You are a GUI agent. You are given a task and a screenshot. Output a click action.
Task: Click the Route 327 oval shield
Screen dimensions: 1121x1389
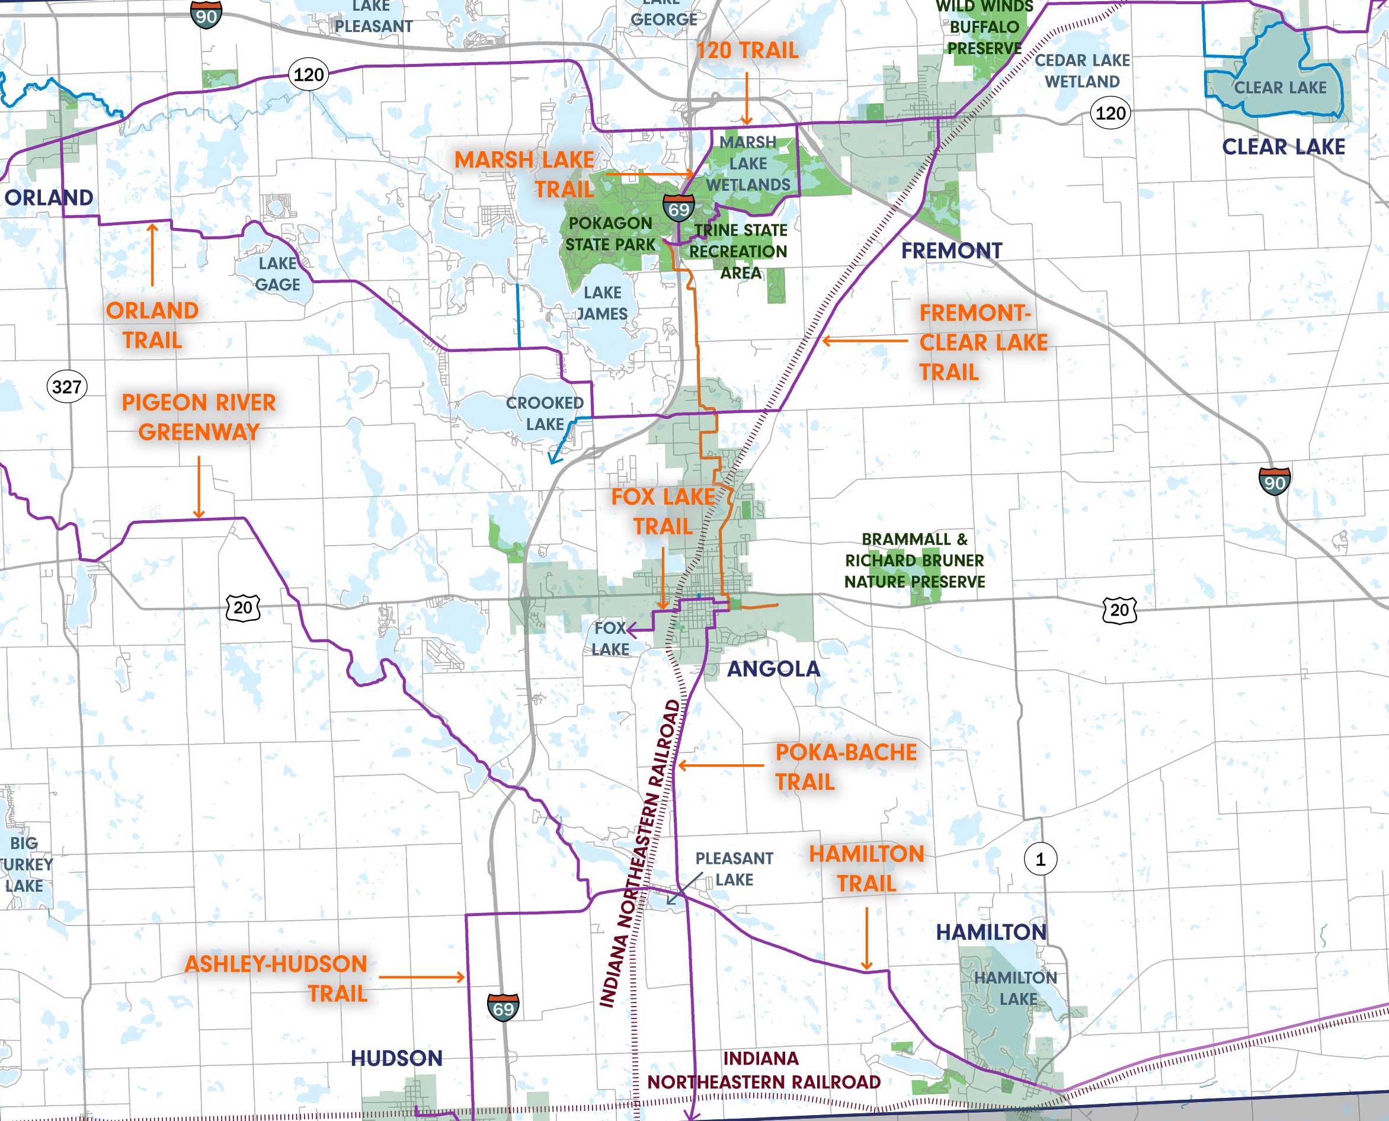(66, 387)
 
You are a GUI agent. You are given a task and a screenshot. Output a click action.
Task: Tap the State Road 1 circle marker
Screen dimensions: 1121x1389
(1039, 860)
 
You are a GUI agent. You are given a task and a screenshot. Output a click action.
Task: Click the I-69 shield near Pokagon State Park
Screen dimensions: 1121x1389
(679, 207)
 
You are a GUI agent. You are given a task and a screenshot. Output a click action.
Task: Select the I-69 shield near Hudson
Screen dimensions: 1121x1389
(503, 1007)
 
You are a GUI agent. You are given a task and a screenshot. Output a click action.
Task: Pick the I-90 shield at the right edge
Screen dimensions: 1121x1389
(1274, 481)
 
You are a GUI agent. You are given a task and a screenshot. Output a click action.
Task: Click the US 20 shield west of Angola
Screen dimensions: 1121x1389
(243, 608)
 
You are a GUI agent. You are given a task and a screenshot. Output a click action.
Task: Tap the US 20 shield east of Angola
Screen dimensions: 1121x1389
(1119, 610)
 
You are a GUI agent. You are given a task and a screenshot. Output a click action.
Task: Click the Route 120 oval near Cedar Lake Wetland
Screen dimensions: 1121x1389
(1110, 114)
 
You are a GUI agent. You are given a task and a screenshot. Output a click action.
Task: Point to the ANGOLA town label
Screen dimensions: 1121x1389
(773, 669)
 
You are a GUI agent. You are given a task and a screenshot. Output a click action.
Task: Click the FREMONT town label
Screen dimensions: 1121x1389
(951, 251)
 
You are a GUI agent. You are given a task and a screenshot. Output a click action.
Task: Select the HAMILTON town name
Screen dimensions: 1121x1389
(991, 932)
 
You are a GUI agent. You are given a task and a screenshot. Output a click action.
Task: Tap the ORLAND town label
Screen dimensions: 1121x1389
(49, 197)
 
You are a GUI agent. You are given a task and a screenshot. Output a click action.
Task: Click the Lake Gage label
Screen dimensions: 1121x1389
(278, 274)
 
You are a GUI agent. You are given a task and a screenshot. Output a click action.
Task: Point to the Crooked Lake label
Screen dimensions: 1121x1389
(545, 414)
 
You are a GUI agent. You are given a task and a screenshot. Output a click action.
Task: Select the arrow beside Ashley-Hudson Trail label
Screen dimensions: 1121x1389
(422, 977)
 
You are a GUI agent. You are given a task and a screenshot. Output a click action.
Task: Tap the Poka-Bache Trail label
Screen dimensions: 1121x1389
(844, 767)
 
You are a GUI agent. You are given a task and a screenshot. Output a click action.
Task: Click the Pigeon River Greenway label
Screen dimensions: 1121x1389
(199, 417)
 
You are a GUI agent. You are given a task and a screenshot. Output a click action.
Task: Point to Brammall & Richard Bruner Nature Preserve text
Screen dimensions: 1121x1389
(914, 560)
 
